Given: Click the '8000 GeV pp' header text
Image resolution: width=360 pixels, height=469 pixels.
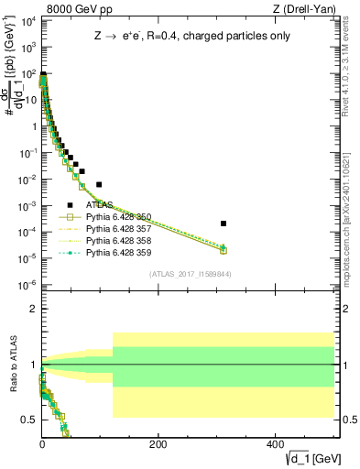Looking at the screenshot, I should coord(71,9).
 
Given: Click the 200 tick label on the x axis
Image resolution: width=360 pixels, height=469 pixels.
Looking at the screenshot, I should coord(158,444).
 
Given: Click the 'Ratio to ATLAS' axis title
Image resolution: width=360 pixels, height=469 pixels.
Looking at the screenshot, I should coord(11,365).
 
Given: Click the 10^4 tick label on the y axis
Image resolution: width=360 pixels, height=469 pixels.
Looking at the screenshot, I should coord(28,19).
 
